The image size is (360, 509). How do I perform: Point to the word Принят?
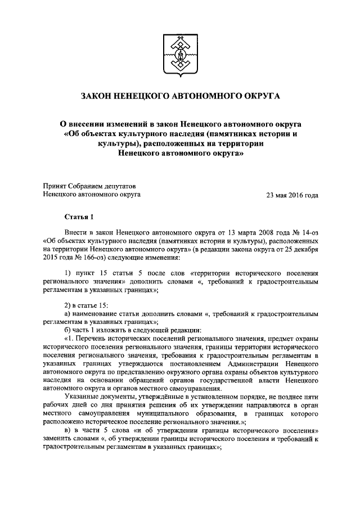click(x=55, y=186)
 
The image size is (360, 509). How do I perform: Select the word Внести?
click(x=76, y=232)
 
